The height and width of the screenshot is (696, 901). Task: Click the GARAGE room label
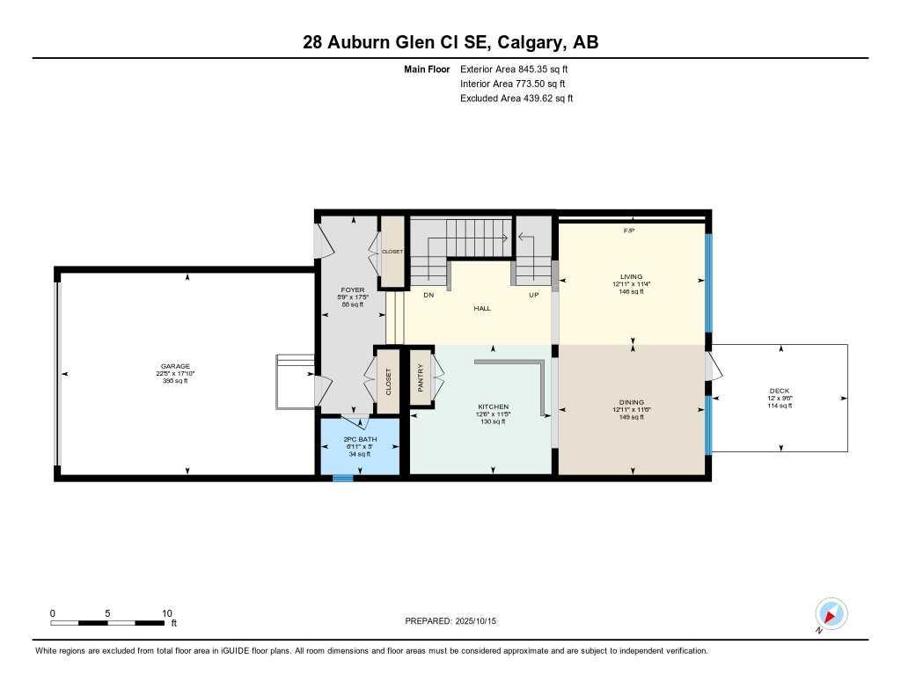[x=175, y=366]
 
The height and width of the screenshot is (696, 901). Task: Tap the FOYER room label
[x=352, y=290]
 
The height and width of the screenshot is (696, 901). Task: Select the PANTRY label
[x=421, y=378]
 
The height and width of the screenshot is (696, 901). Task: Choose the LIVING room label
[x=631, y=276]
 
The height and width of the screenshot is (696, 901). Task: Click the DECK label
[x=779, y=391]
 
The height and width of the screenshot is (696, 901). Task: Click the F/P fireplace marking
[x=629, y=231]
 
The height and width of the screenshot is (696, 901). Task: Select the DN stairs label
[x=429, y=296]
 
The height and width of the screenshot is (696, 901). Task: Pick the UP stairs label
[x=533, y=296]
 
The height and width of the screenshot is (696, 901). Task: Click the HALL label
[x=482, y=309]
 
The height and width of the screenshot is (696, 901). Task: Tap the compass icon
[x=831, y=613]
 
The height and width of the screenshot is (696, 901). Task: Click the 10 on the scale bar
[x=166, y=613]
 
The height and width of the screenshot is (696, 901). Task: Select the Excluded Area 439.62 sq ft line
[x=516, y=99]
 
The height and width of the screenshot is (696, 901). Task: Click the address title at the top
[x=450, y=42]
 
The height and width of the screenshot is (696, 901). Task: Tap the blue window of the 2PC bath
[x=342, y=479]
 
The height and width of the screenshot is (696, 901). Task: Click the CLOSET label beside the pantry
[x=388, y=380]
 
